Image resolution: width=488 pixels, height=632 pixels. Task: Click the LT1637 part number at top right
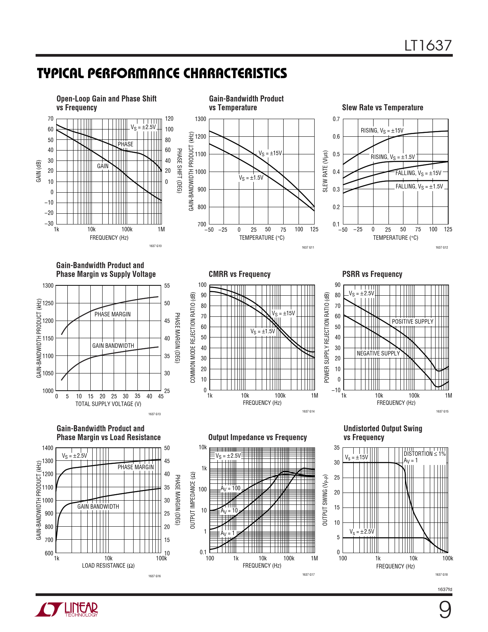(428, 46)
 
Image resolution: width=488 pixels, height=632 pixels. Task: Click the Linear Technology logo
(67, 609)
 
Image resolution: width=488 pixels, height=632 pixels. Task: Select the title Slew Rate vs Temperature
(382, 108)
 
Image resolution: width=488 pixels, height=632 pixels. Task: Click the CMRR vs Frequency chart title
(240, 274)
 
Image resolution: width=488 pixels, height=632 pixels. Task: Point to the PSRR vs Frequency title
(372, 274)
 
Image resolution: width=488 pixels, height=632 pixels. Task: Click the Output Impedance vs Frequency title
(257, 437)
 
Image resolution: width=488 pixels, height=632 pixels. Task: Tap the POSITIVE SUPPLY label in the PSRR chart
(412, 322)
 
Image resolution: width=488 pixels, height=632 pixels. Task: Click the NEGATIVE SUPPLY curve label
(378, 354)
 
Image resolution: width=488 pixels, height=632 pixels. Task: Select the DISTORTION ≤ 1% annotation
(424, 454)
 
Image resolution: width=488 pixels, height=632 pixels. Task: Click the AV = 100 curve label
(230, 488)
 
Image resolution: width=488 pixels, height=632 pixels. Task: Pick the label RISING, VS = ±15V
(382, 131)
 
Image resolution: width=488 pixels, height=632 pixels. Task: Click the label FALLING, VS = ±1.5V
(419, 187)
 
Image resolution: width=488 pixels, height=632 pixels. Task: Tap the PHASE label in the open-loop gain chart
(126, 144)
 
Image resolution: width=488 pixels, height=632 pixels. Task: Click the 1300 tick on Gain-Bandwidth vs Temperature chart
(201, 119)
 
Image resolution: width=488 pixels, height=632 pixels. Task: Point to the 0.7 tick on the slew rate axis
(336, 119)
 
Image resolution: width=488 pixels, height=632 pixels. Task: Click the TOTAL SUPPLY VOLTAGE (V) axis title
(108, 404)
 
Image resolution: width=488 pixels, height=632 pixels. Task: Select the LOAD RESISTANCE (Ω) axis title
(108, 566)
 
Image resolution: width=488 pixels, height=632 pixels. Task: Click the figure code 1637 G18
(441, 575)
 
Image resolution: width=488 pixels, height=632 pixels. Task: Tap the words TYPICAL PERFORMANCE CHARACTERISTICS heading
(162, 74)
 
